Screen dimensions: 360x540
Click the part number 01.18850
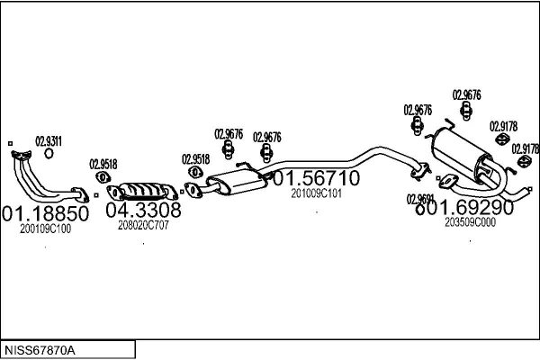46,214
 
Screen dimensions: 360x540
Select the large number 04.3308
144,211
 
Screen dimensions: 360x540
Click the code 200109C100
46,229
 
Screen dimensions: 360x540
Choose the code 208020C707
143,225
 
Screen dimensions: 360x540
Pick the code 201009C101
316,193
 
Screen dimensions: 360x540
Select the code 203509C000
470,221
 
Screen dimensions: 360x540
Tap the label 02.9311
49,140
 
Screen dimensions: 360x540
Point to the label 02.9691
420,199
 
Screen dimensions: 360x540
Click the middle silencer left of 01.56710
233,184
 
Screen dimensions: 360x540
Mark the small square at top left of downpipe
9,143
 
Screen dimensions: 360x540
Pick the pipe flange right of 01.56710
418,167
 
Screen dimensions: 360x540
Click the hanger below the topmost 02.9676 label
466,112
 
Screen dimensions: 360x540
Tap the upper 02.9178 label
503,127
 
